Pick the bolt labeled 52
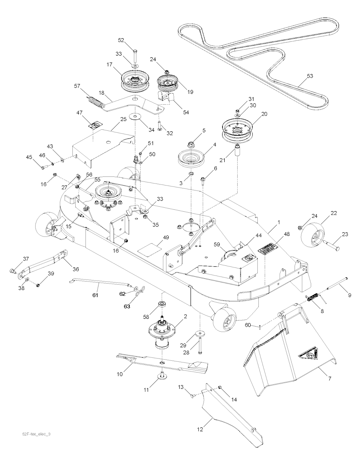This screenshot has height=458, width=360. click(x=135, y=55)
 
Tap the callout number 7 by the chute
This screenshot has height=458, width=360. click(x=329, y=379)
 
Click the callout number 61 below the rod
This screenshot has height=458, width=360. click(x=95, y=295)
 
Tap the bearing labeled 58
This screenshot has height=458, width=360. click(x=162, y=304)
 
